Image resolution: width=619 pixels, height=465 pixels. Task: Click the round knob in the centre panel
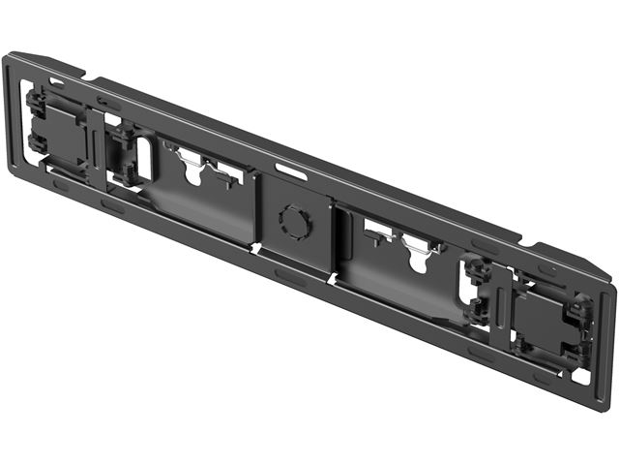pos(294,222)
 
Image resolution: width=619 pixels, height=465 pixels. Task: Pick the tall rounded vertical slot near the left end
pos(143,159)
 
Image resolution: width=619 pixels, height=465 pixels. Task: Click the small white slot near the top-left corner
pos(57,82)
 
